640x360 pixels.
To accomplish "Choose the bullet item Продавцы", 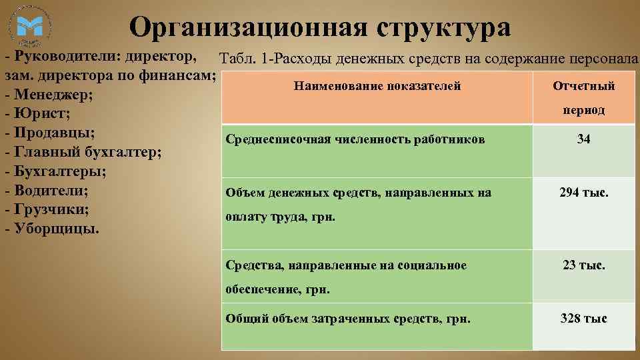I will pyautogui.click(x=49, y=133).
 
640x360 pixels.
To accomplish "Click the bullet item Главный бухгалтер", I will pyautogui.click(x=83, y=152).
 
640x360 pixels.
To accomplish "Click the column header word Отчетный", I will pyautogui.click(x=584, y=87).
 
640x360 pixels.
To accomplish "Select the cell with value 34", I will pyautogui.click(x=584, y=139).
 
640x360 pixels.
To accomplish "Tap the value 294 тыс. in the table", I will pyautogui.click(x=584, y=193).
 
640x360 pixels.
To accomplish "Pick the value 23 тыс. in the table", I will pyautogui.click(x=584, y=265).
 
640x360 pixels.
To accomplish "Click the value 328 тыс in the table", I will pyautogui.click(x=584, y=319).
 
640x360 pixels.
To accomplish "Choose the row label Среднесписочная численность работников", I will pyautogui.click(x=355, y=139).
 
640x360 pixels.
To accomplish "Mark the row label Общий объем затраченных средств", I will pyautogui.click(x=348, y=319).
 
